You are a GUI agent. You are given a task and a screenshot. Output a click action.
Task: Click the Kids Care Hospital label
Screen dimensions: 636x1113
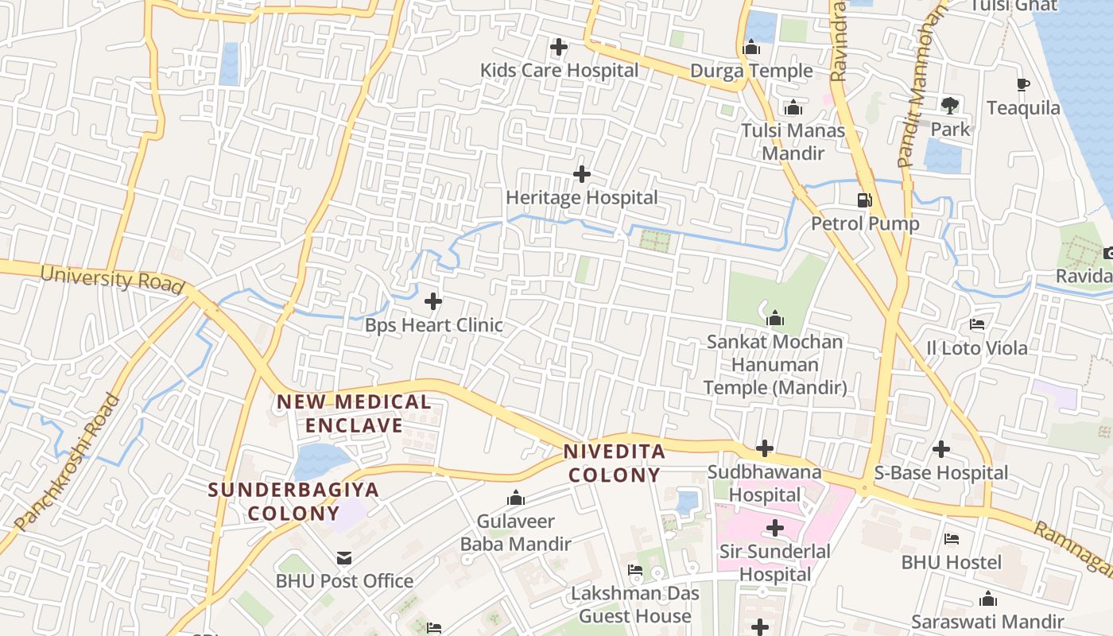[x=559, y=71]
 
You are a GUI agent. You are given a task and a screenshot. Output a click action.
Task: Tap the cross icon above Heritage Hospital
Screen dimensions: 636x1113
[x=582, y=174]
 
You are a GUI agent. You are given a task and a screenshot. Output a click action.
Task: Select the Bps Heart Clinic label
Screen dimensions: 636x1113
[x=433, y=325]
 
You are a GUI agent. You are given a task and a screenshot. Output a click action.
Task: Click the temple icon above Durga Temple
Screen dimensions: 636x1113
[x=752, y=48]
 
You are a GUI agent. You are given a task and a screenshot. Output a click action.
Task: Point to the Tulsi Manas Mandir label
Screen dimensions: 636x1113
[x=793, y=142]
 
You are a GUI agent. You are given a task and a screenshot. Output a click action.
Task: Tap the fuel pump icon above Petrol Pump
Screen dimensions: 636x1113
[x=865, y=200]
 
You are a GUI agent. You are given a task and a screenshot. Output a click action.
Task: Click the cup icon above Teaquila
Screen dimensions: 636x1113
[x=1023, y=84]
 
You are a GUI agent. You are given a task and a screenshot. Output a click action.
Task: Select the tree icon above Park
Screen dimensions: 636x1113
[x=949, y=105]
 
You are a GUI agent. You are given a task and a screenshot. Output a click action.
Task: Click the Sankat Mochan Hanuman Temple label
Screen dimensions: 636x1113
[x=775, y=365]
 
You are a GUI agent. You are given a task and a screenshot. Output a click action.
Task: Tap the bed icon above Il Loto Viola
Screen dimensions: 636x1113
[x=977, y=324]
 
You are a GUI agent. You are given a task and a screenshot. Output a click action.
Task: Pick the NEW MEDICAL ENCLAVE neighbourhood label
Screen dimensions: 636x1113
[x=354, y=413]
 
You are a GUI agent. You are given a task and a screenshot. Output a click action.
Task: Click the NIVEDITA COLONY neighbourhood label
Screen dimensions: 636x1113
[x=612, y=463]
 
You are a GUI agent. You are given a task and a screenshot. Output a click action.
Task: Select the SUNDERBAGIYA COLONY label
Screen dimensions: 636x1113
[x=293, y=501]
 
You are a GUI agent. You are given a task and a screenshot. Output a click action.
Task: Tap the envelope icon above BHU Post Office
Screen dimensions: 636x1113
[x=344, y=558]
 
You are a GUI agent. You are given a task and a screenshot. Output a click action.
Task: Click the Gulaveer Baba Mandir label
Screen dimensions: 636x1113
[x=515, y=533]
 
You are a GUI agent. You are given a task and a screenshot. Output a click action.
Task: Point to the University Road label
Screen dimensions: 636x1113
[x=112, y=280]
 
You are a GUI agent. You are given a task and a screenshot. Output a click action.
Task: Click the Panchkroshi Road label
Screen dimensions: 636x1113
[x=68, y=462]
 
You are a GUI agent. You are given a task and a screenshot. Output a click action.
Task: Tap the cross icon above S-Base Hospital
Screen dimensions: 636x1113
[x=941, y=449]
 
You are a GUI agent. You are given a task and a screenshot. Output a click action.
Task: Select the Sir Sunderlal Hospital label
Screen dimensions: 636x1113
[x=774, y=563]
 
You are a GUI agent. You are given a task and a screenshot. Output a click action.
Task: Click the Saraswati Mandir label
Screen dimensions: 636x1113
[x=987, y=622]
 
